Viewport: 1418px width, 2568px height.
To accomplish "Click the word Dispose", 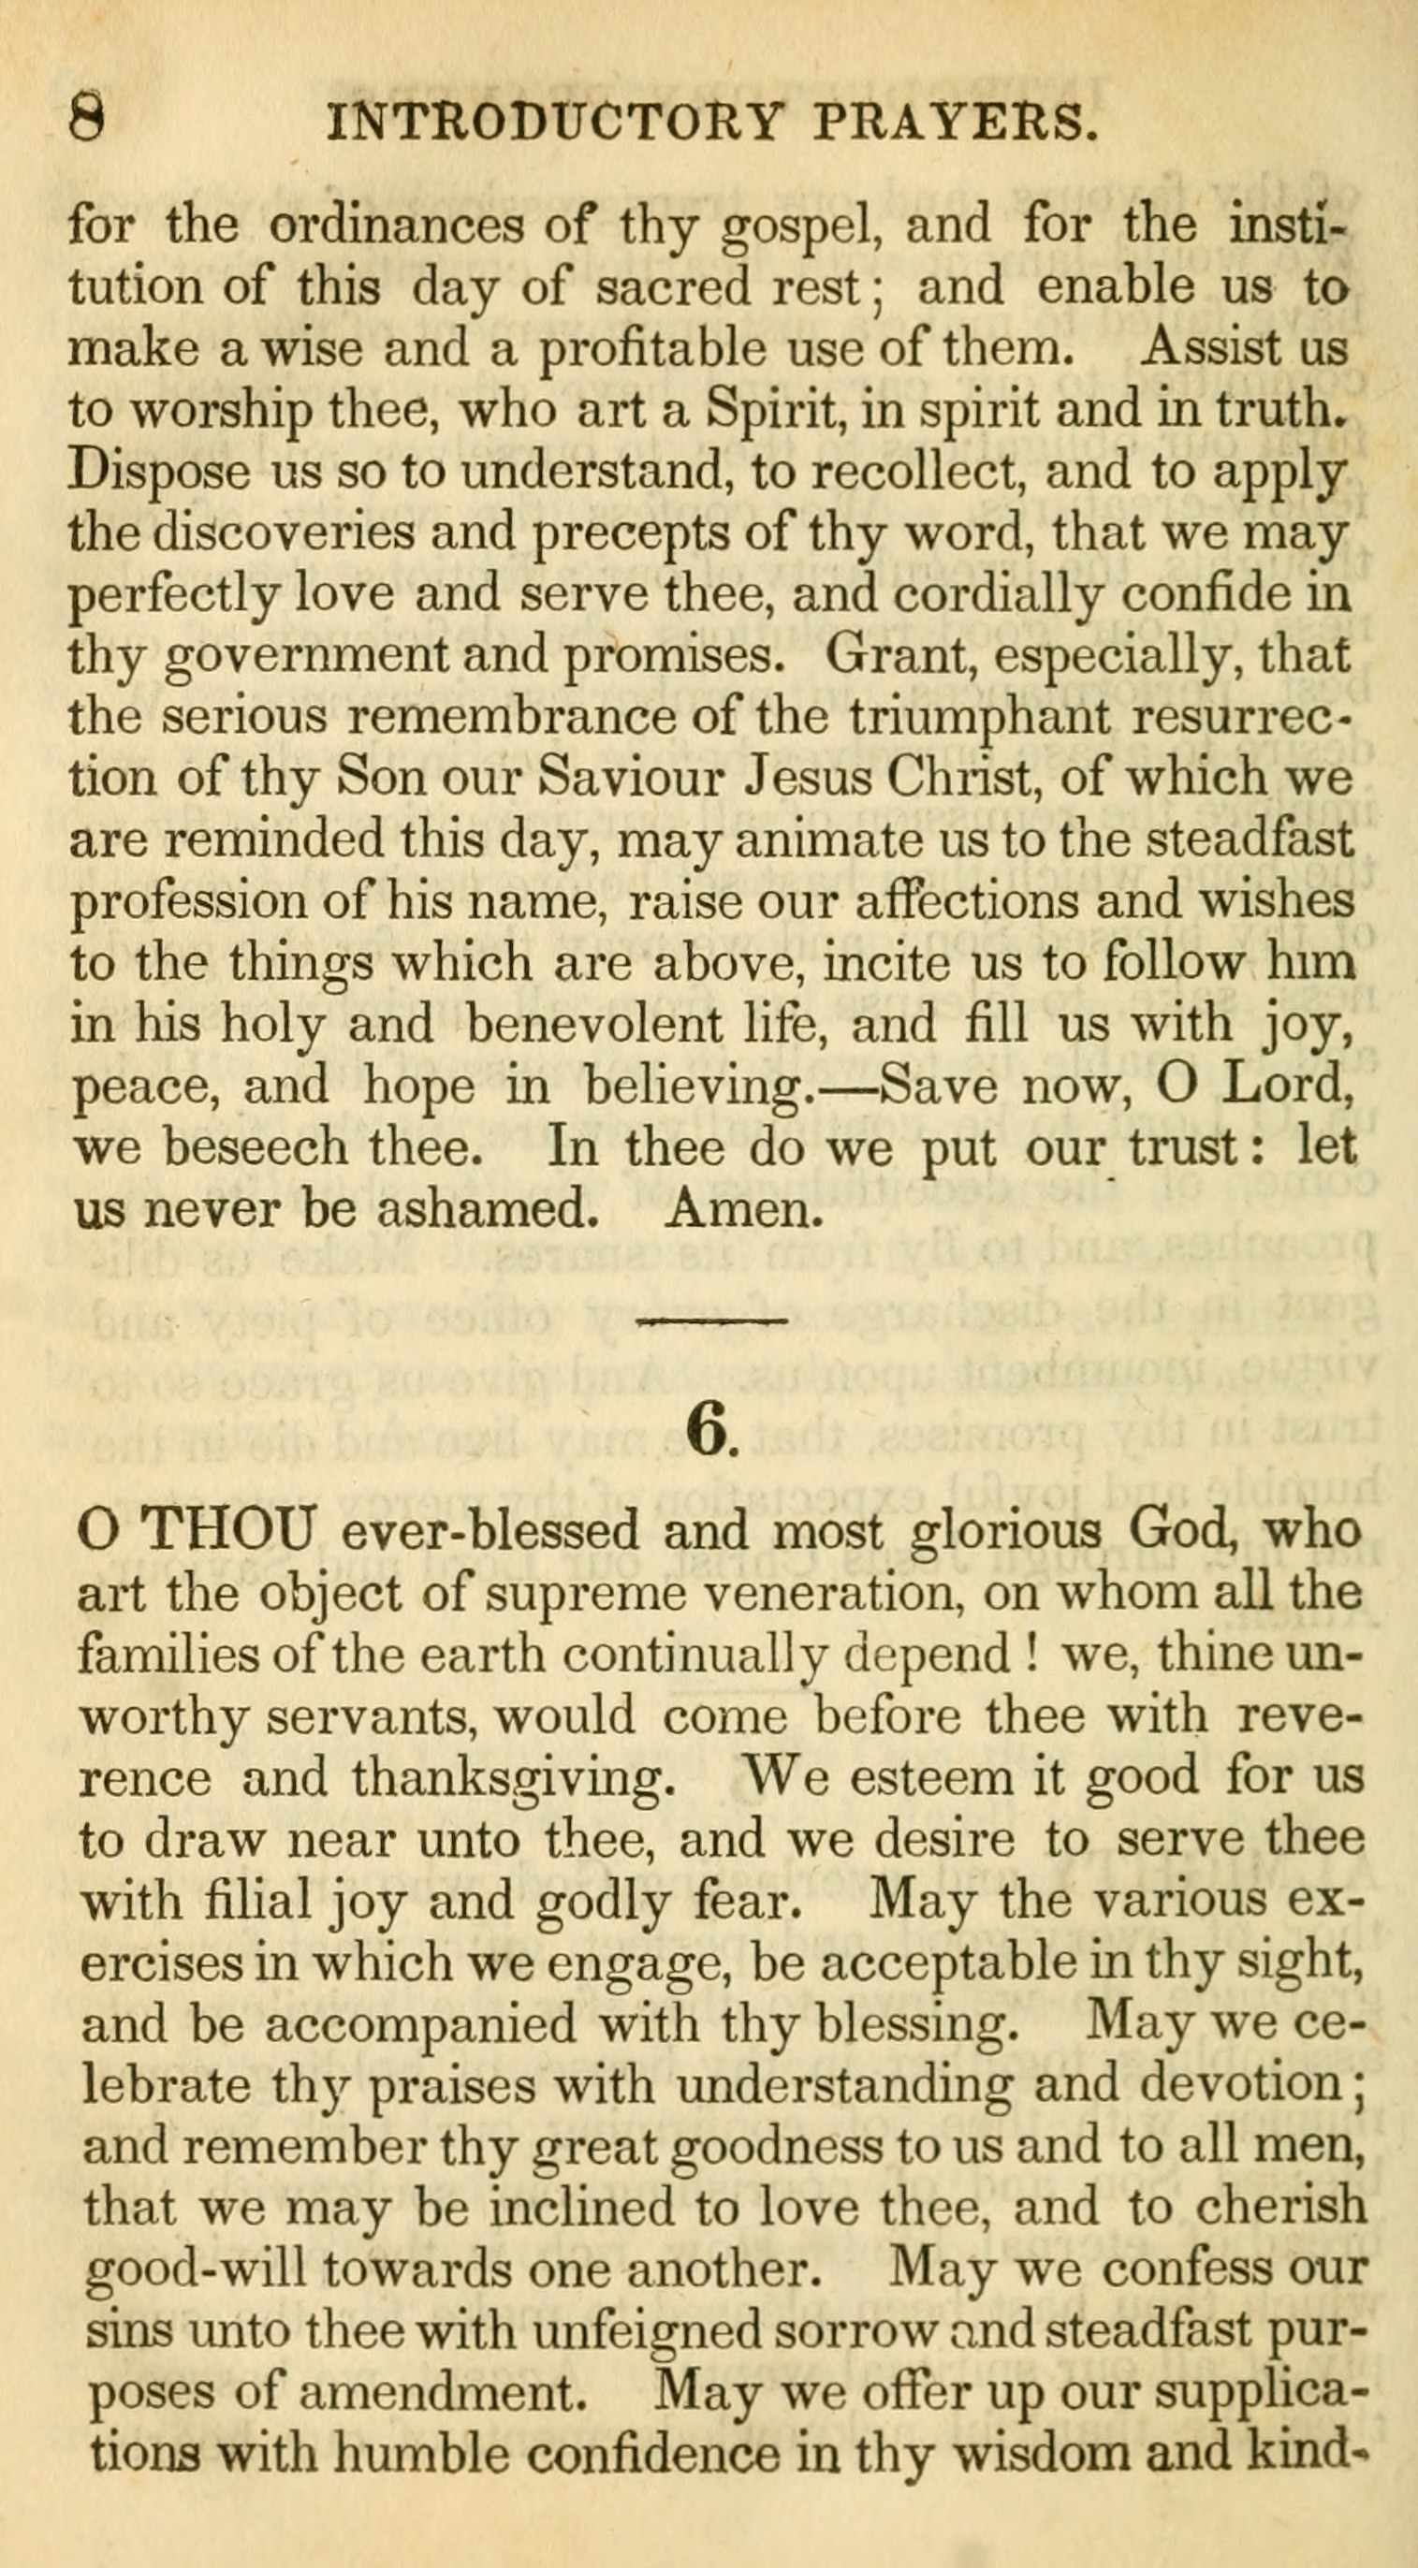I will pyautogui.click(x=158, y=473).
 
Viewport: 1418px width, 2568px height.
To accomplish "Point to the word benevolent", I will pyautogui.click(x=589, y=1025).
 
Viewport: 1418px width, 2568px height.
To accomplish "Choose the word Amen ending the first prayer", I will pyautogui.click(x=742, y=1209).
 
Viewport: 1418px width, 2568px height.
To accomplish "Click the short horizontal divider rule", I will pyautogui.click(x=712, y=1321).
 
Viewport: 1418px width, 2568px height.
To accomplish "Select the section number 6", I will pyautogui.click(x=710, y=1433).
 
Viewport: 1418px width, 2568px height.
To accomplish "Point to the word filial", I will pyautogui.click(x=254, y=1901).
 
